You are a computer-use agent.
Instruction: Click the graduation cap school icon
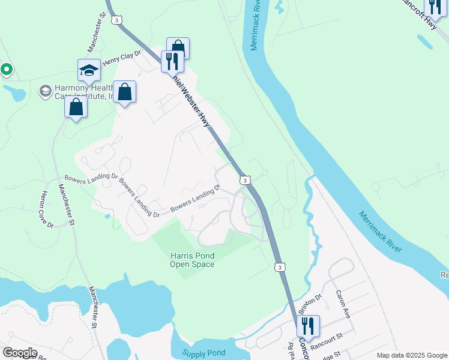click(89, 71)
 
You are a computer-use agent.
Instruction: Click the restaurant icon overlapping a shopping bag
click(172, 61)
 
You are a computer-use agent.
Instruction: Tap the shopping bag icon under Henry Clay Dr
click(124, 93)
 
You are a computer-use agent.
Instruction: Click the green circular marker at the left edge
click(6, 70)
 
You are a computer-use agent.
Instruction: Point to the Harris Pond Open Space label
click(192, 260)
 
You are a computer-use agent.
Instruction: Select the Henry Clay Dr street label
click(121, 58)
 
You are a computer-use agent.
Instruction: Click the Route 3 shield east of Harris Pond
click(278, 266)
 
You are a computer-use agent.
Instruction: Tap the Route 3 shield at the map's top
click(116, 20)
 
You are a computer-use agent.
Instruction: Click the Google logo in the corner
click(20, 352)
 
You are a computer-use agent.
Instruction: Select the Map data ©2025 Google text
click(412, 355)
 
